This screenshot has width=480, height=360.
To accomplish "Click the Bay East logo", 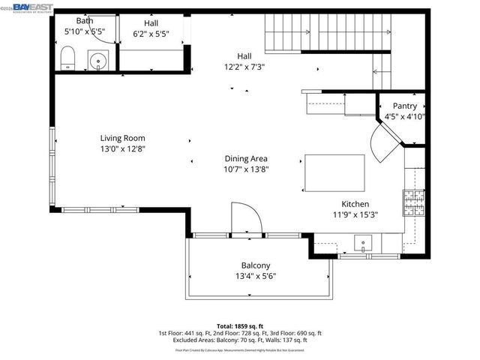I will [34, 7].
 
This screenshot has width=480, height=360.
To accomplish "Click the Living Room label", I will [123, 138].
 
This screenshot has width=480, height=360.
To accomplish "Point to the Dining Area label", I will [246, 159].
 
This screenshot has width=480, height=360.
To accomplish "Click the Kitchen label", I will [355, 204].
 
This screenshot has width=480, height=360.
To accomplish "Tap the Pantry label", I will [405, 106].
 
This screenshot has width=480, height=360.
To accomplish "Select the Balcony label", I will [256, 265].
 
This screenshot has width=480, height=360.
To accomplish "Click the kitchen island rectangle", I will [334, 174].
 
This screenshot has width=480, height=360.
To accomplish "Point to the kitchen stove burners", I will [413, 200].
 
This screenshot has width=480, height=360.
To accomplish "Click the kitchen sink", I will [363, 242].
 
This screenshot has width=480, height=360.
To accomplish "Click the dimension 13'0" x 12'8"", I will [123, 148].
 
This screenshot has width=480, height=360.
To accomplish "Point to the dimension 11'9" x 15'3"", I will [355, 214].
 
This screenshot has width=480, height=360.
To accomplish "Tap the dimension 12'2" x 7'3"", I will [244, 66].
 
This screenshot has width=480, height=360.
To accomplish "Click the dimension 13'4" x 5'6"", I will [256, 276].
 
